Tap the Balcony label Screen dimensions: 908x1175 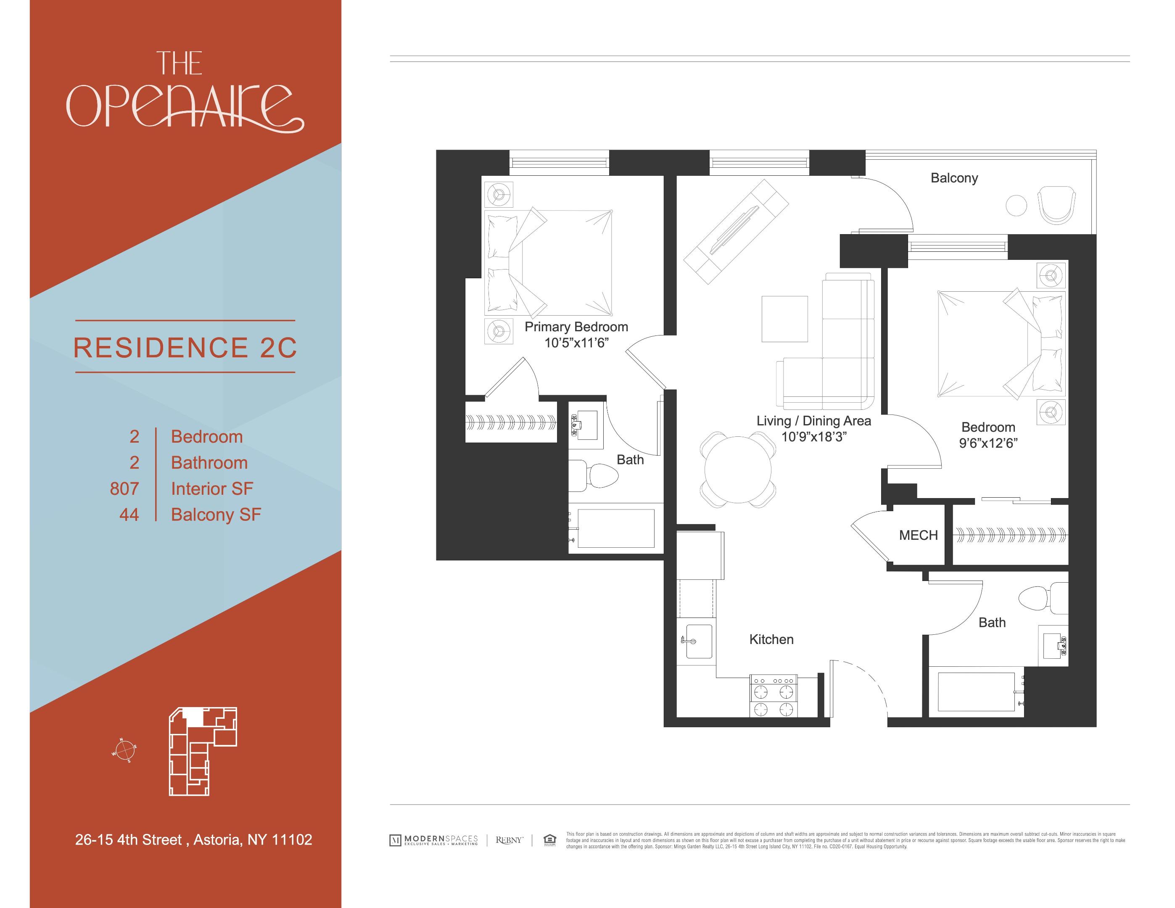pyautogui.click(x=954, y=178)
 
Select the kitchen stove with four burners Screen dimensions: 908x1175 pyautogui.click(x=774, y=696)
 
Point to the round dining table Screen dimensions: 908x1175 pyautogui.click(x=738, y=470)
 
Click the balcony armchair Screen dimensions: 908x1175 pyautogui.click(x=1056, y=205)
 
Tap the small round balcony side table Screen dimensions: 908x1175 pyautogui.click(x=1016, y=206)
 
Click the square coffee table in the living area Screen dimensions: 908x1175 pyautogui.click(x=784, y=319)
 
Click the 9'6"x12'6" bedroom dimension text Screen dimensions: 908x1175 pyautogui.click(x=988, y=443)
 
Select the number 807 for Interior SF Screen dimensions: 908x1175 pyautogui.click(x=124, y=488)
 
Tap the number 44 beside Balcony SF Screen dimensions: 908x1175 pyautogui.click(x=129, y=515)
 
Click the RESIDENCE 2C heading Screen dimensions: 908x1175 pyautogui.click(x=185, y=348)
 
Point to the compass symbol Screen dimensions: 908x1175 pyautogui.click(x=124, y=750)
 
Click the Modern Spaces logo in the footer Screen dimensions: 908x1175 pyautogui.click(x=433, y=839)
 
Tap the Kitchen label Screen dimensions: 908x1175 pyautogui.click(x=771, y=639)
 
